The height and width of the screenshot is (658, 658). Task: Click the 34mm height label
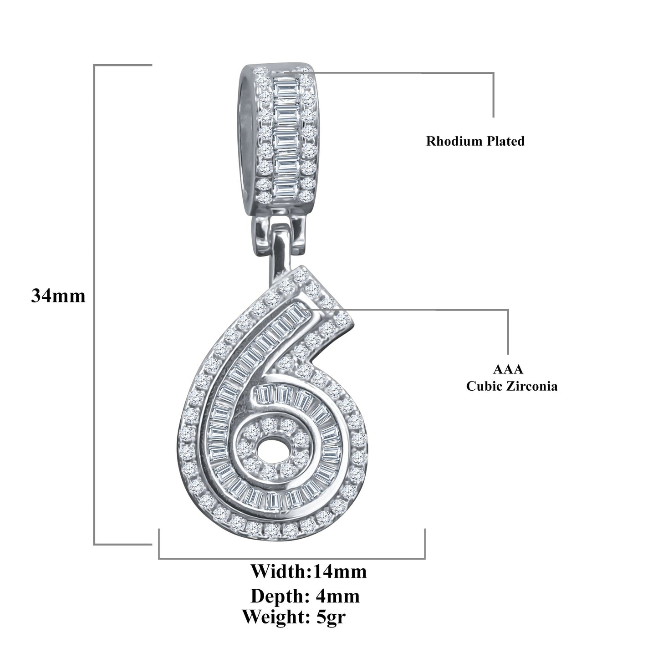coord(58,296)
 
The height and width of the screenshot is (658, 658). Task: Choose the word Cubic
coord(483,387)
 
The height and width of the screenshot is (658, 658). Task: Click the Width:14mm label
coord(309,571)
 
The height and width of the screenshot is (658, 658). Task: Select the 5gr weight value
coord(334,617)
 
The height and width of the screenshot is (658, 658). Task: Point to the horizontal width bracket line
coord(291,558)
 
